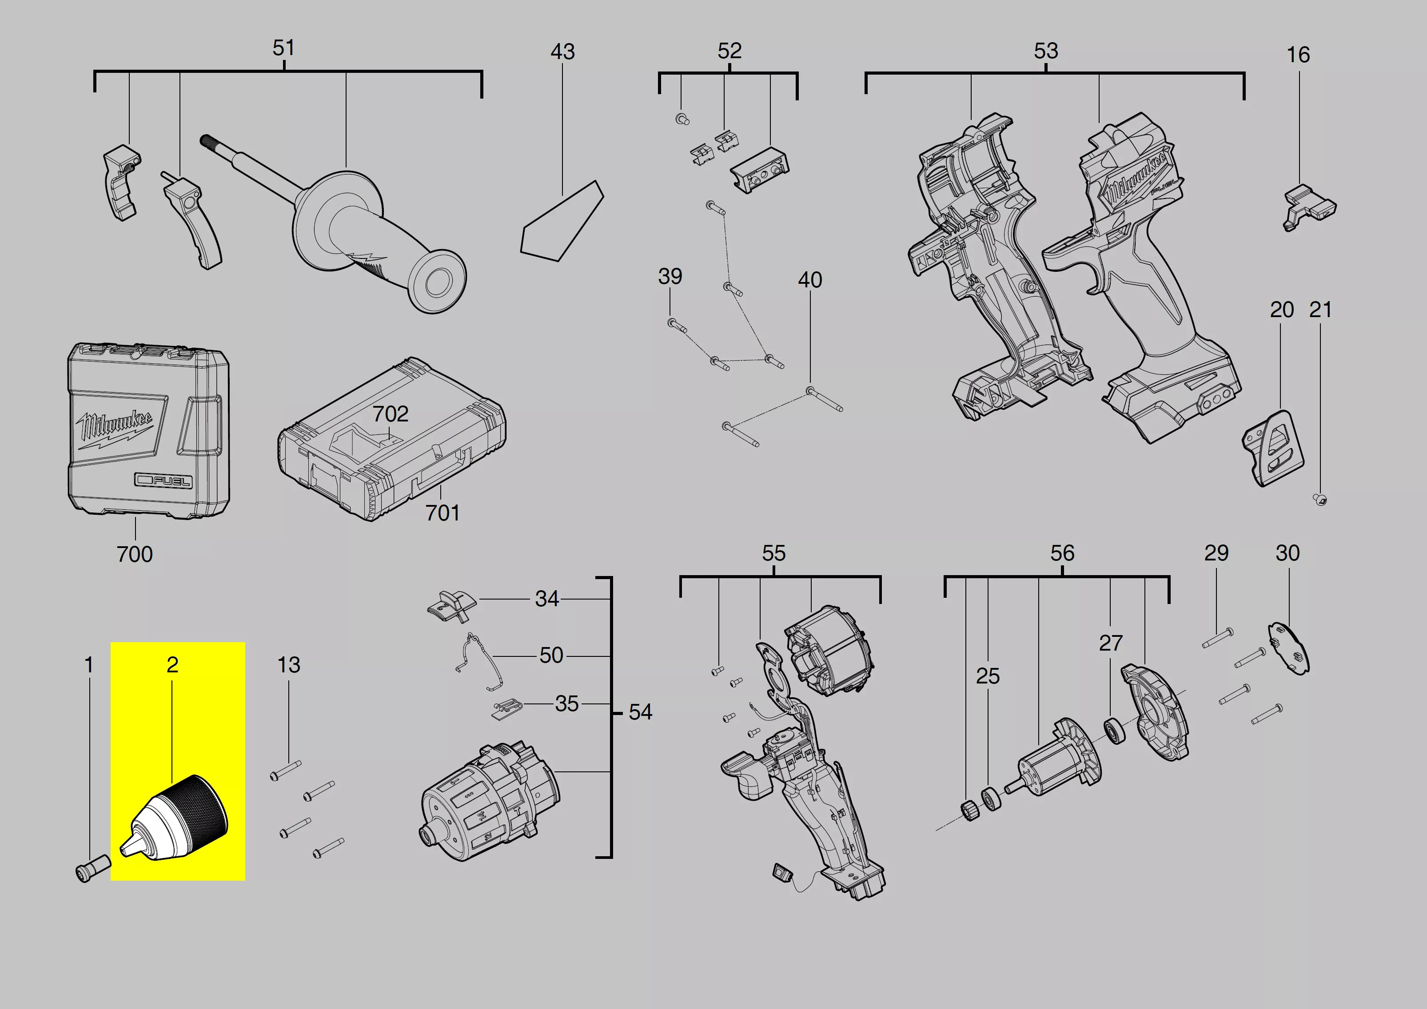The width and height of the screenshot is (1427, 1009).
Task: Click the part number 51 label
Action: (x=283, y=48)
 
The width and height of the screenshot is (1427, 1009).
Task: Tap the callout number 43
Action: (x=562, y=52)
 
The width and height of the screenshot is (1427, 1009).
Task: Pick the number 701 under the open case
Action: (x=442, y=513)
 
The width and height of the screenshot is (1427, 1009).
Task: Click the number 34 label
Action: (x=547, y=599)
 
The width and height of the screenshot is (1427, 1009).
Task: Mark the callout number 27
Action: (x=1111, y=643)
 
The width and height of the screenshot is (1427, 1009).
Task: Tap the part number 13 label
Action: (x=288, y=665)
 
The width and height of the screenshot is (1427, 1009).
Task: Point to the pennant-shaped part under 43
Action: (x=562, y=221)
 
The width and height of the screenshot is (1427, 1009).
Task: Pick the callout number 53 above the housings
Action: (x=1046, y=51)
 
